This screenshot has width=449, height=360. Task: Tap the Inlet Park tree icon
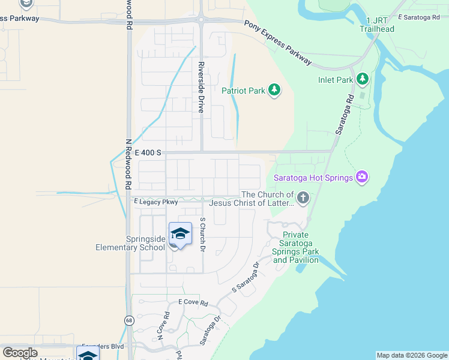click(x=362, y=79)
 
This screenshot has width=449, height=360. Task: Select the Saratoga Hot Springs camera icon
click(x=361, y=176)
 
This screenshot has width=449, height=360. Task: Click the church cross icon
click(x=304, y=198)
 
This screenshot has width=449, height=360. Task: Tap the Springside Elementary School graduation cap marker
click(x=180, y=235)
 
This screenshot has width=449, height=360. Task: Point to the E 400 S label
click(x=148, y=153)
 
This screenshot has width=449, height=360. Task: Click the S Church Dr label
click(x=203, y=235)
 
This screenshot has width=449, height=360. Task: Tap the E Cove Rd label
click(x=193, y=303)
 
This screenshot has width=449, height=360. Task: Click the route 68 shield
click(x=130, y=321)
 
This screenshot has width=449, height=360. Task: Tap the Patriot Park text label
click(x=243, y=91)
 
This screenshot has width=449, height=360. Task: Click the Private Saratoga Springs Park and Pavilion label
click(x=295, y=248)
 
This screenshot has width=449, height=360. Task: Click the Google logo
click(x=19, y=353)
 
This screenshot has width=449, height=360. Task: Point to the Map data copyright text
click(x=412, y=355)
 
